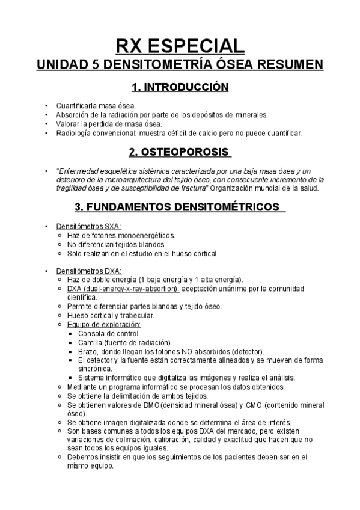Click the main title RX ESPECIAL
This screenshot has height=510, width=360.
point(180,46)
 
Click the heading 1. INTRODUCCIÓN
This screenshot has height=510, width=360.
point(180,88)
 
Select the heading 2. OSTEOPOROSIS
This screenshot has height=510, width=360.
point(180,151)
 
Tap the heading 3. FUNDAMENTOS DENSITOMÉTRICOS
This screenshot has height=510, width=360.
point(180,207)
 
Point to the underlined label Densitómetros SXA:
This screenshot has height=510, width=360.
point(88,226)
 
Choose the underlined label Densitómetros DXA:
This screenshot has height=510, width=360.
point(89,271)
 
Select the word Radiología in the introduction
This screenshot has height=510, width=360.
point(74,132)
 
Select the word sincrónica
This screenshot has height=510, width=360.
point(95,369)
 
